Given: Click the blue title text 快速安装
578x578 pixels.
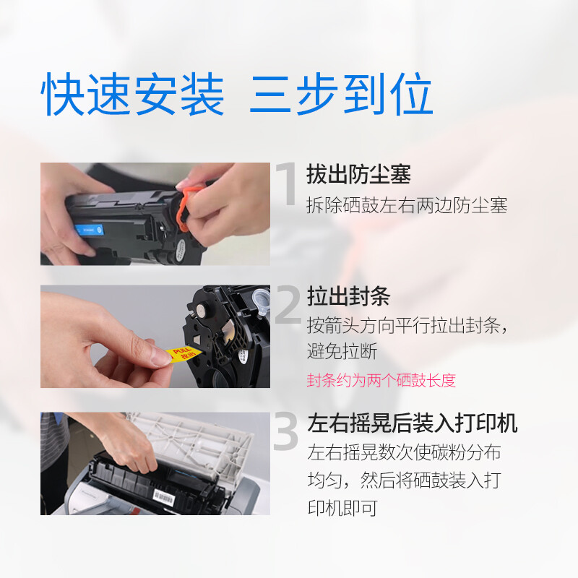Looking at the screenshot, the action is [132, 94].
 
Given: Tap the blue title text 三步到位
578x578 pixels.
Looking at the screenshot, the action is [340, 94].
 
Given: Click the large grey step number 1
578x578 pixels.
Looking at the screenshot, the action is [287, 184].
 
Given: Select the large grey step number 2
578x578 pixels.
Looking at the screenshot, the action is [288, 304].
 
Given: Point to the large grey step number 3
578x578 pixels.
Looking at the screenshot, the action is [285, 431].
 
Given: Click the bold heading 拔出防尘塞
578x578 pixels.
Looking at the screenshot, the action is [358, 174].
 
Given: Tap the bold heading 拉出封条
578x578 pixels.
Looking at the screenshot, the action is [348, 296].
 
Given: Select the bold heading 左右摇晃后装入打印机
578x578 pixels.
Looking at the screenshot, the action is [412, 423].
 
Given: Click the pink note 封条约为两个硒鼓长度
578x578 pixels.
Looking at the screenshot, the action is [381, 381].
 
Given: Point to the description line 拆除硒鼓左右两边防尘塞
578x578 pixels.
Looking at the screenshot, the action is [407, 205].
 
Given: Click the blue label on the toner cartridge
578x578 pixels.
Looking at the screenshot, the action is [88, 230].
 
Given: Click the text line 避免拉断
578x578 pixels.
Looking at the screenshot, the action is [342, 351].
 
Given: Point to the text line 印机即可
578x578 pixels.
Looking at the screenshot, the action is [342, 509].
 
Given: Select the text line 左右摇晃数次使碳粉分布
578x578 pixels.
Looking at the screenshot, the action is [404, 453].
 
